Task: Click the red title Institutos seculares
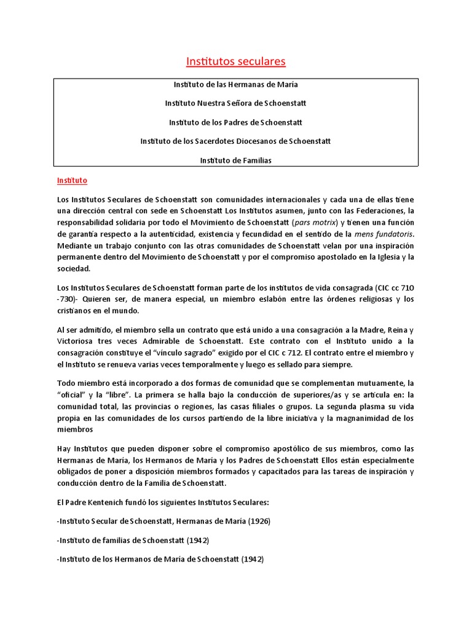coord(236,61)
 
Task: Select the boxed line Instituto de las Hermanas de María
coord(236,84)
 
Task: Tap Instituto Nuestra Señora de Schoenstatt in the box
coord(236,103)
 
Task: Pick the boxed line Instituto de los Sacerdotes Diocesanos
coord(236,141)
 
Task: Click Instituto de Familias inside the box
coord(236,160)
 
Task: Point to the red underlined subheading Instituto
coord(72,181)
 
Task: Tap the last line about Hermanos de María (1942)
coord(160,560)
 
